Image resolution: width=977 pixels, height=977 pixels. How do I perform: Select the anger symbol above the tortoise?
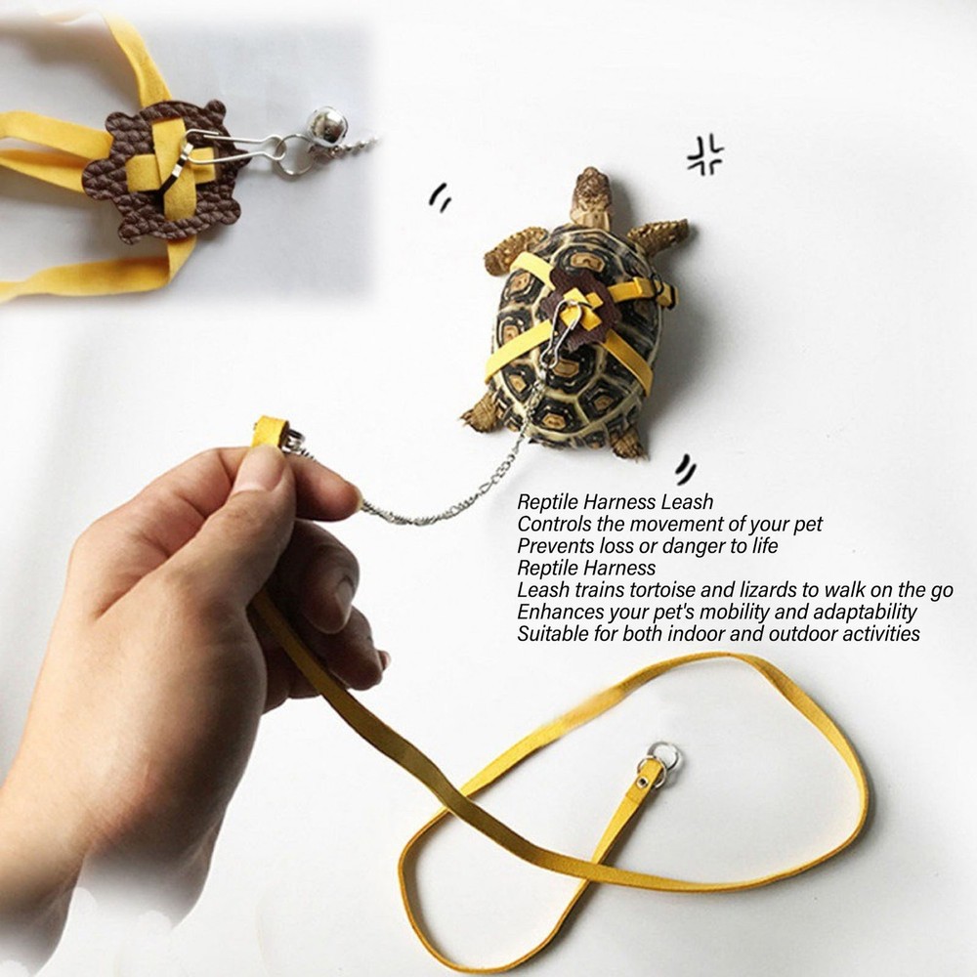(x=704, y=155)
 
